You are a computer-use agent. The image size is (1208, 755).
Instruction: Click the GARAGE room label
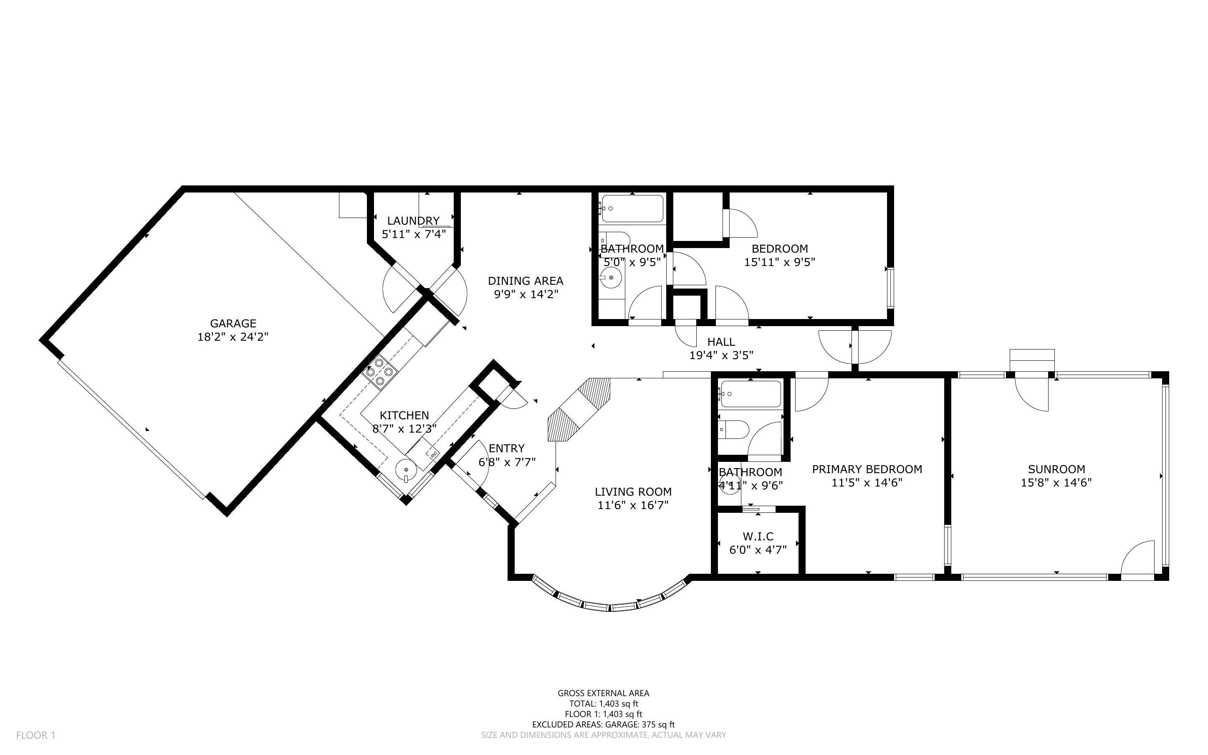tap(233, 324)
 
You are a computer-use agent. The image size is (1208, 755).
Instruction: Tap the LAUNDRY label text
tap(413, 221)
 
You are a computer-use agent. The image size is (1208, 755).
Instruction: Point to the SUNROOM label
tap(1056, 469)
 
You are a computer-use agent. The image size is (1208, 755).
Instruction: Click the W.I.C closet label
tap(758, 536)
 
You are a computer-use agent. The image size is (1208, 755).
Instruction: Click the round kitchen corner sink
tap(406, 470)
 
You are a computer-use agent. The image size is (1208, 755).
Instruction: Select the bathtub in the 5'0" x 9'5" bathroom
tap(632, 209)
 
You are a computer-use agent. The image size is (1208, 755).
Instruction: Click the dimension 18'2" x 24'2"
tap(233, 337)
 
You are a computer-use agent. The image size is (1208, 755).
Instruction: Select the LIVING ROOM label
tap(633, 492)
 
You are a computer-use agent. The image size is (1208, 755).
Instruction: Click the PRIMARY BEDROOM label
tap(867, 469)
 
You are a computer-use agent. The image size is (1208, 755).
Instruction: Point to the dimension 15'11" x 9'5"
tap(780, 262)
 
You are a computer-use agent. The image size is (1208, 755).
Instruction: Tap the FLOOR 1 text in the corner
tap(36, 735)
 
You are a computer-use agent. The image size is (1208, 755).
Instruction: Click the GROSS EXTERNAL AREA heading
tap(604, 693)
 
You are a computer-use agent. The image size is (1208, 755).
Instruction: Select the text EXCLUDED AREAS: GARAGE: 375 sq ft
tap(604, 725)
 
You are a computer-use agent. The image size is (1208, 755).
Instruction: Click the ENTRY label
tap(506, 449)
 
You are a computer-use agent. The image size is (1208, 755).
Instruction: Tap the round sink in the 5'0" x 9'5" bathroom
tap(611, 278)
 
